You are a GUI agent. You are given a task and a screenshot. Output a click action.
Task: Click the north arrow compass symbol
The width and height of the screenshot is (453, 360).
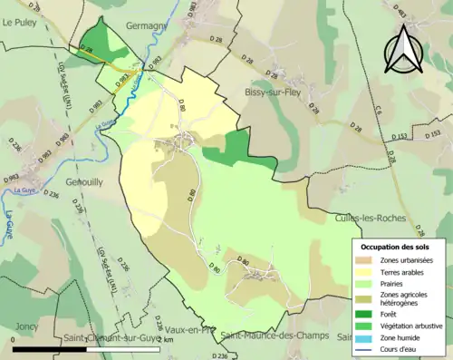click(404, 50)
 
